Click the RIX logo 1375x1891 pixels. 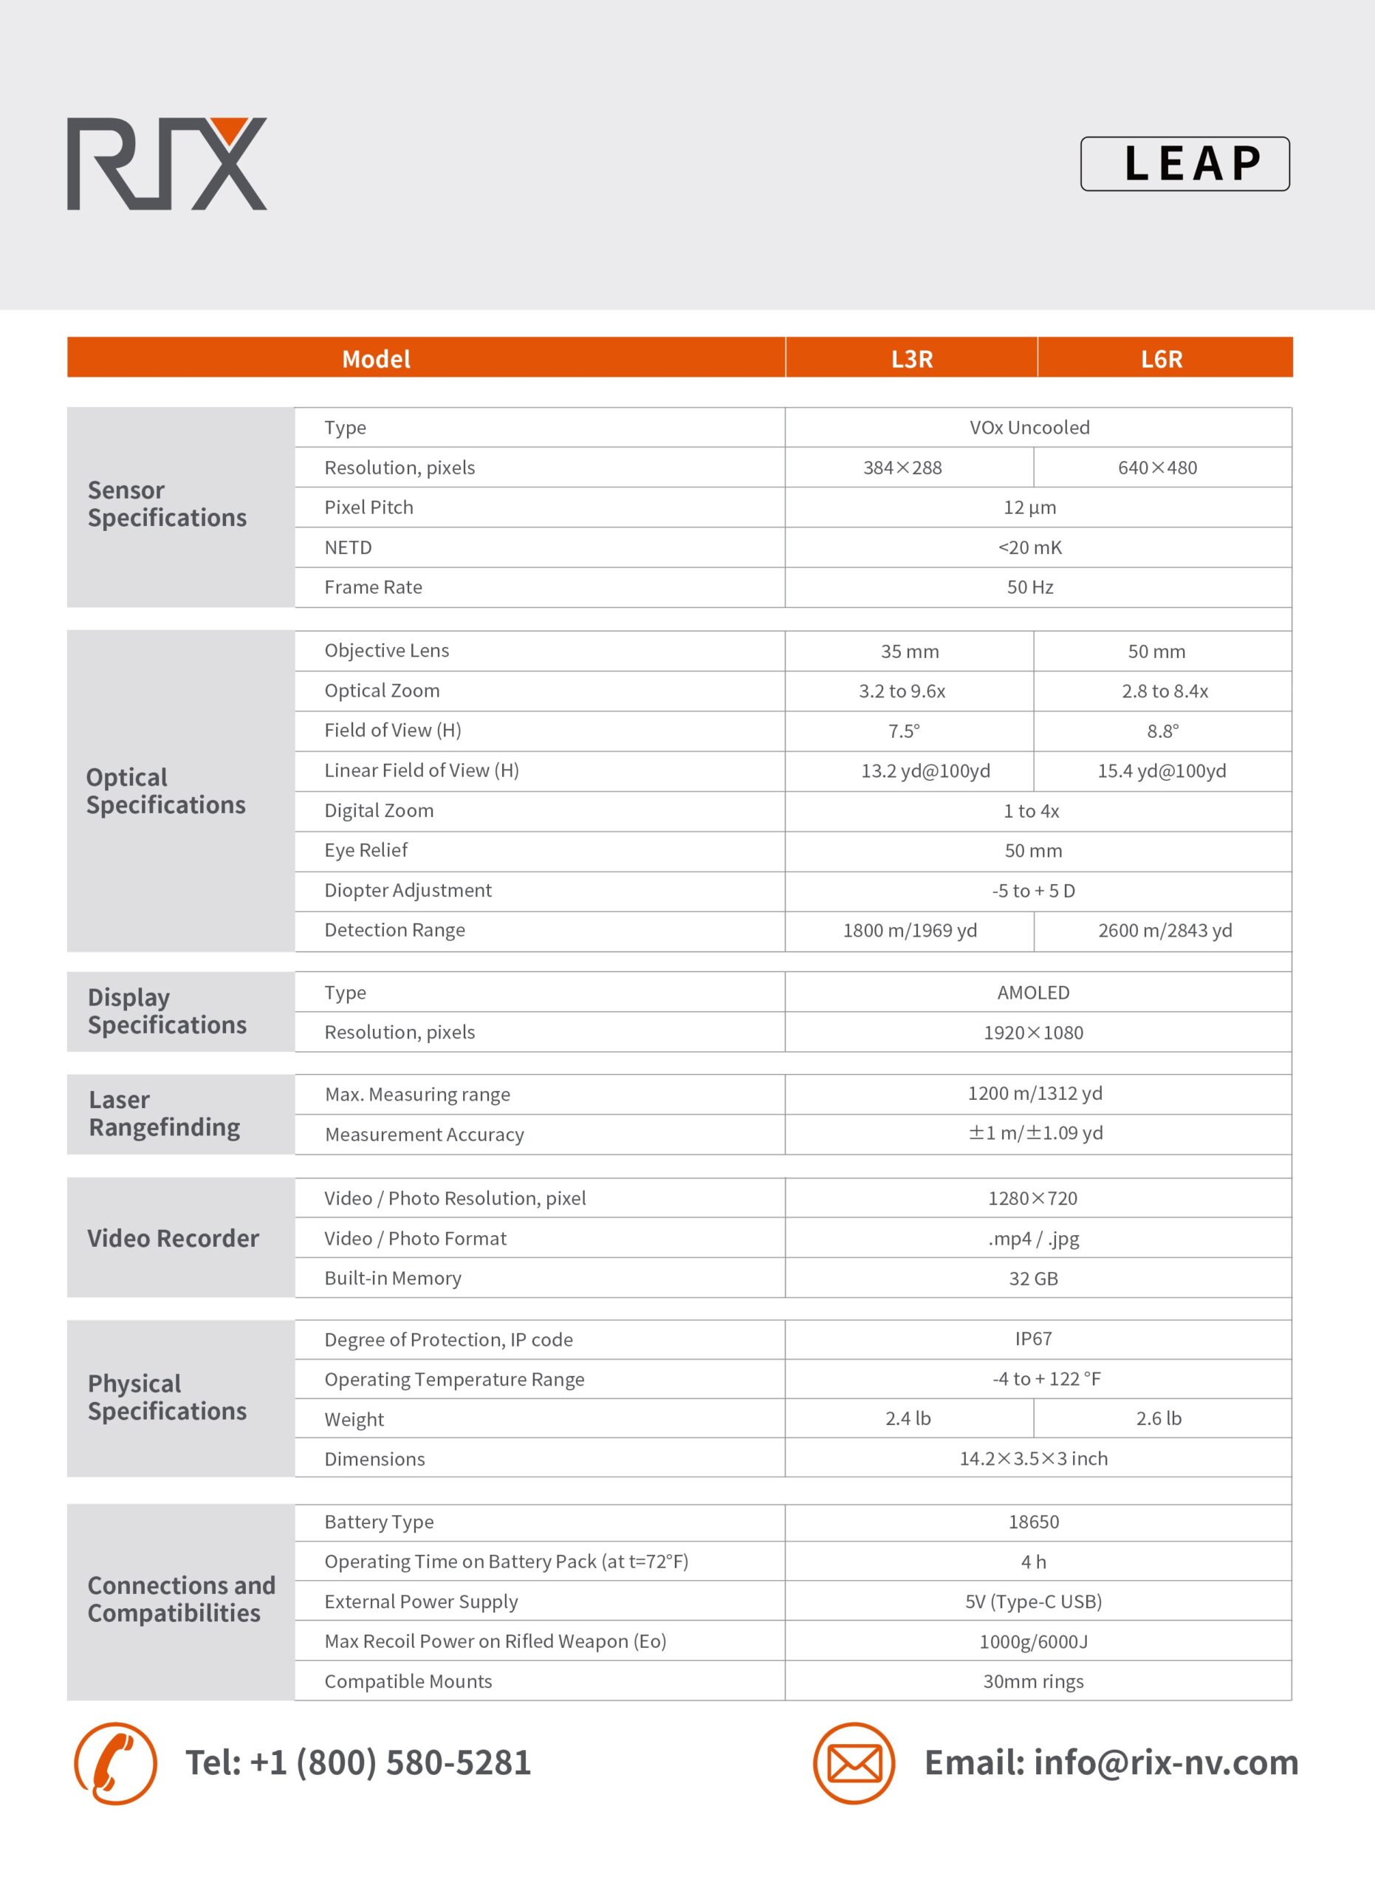167,163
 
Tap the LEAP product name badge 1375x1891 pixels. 1184,163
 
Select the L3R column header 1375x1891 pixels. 912,358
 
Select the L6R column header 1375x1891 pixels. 1162,358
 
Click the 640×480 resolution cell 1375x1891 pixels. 1157,468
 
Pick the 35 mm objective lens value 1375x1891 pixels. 909,652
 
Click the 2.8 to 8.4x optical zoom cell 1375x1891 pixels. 1164,691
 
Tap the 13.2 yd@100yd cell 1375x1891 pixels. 925,771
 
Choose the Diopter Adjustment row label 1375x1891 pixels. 408,891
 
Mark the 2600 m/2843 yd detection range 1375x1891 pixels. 1164,931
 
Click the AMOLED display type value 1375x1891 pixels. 1032,992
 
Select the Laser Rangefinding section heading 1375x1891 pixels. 164,1113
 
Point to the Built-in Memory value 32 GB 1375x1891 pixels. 1032,1278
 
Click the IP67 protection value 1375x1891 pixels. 1032,1339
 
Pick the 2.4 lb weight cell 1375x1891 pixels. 908,1418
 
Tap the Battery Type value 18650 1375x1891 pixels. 1032,1522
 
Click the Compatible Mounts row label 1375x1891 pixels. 408,1681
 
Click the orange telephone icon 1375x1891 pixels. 115,1762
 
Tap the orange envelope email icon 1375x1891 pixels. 854,1762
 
